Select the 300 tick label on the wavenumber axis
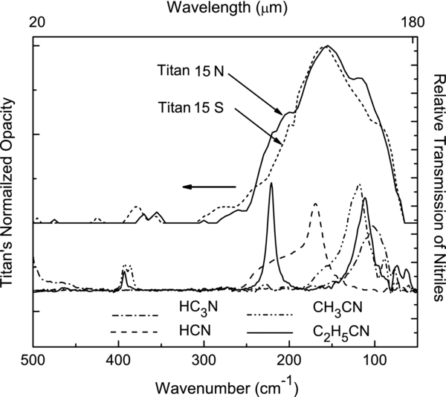(x=204, y=361)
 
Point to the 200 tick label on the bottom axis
(x=289, y=361)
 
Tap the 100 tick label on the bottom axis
(x=375, y=361)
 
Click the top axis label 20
(x=34, y=23)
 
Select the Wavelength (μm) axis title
(x=226, y=8)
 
